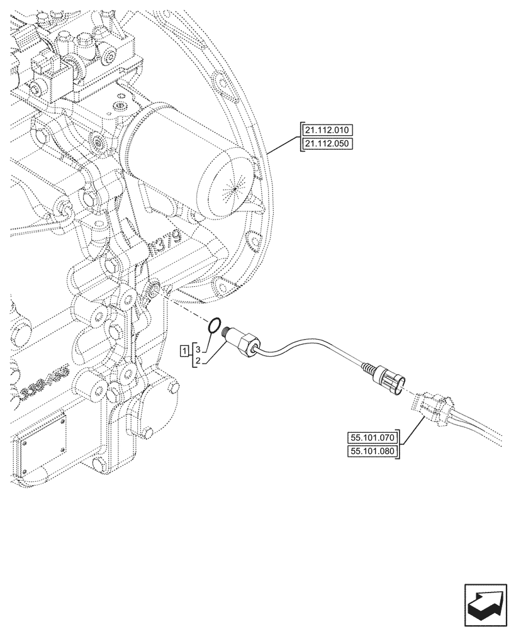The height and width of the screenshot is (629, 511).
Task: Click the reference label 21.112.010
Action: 328,131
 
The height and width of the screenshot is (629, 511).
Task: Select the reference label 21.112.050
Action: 328,144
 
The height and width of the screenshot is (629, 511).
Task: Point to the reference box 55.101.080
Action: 373,452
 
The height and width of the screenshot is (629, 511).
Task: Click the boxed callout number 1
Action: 185,350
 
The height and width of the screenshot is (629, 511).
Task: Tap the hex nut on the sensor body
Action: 247,345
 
